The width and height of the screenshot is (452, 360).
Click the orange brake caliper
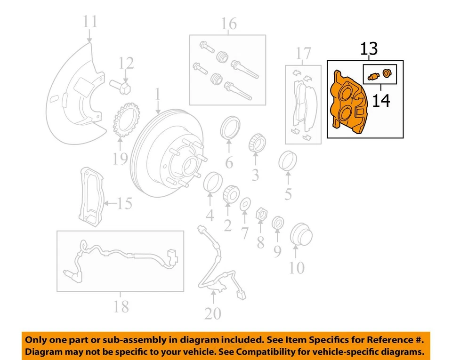point(349,101)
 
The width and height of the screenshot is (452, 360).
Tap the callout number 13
point(369,49)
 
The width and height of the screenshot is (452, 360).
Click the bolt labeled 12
point(122,86)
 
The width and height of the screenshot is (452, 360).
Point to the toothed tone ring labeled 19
point(124,120)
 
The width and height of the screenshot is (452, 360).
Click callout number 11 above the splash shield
point(90,22)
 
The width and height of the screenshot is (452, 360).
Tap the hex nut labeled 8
point(260,215)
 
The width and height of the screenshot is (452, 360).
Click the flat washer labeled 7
point(245,205)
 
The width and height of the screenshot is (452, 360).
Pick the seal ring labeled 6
point(229,128)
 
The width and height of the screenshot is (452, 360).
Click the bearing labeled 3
point(255,143)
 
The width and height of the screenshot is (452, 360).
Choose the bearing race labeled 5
point(288,161)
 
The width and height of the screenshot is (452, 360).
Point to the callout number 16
point(229,24)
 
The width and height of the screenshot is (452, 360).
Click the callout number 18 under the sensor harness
point(121,307)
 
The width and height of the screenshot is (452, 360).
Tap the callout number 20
point(213,312)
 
